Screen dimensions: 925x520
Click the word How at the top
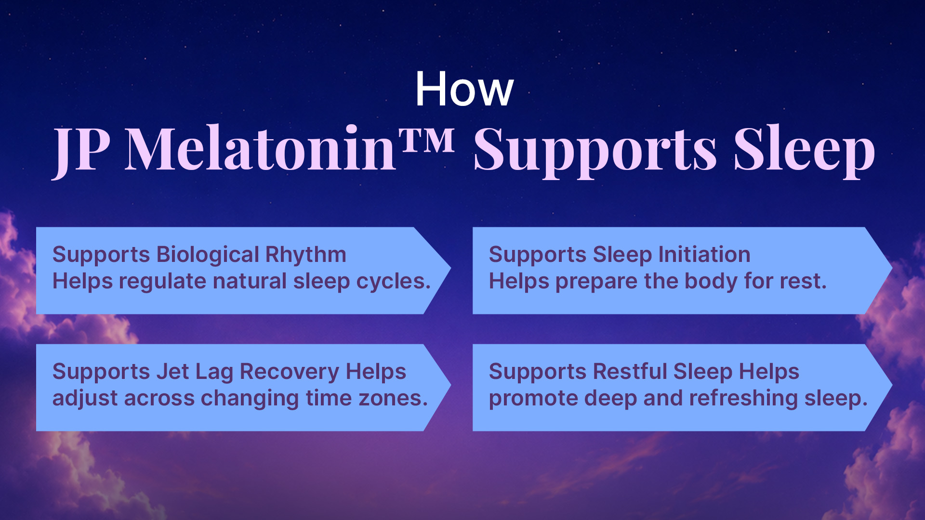[x=465, y=89]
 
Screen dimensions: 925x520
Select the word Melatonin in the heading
[x=260, y=148]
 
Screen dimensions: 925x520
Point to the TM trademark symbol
[x=427, y=140]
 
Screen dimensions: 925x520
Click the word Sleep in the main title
[x=804, y=151]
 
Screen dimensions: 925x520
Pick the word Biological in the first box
[x=208, y=255]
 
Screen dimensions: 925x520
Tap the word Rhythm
[x=306, y=255]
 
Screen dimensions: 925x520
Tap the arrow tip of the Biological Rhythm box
[x=450, y=268]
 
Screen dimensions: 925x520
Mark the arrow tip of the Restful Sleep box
[x=891, y=385]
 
